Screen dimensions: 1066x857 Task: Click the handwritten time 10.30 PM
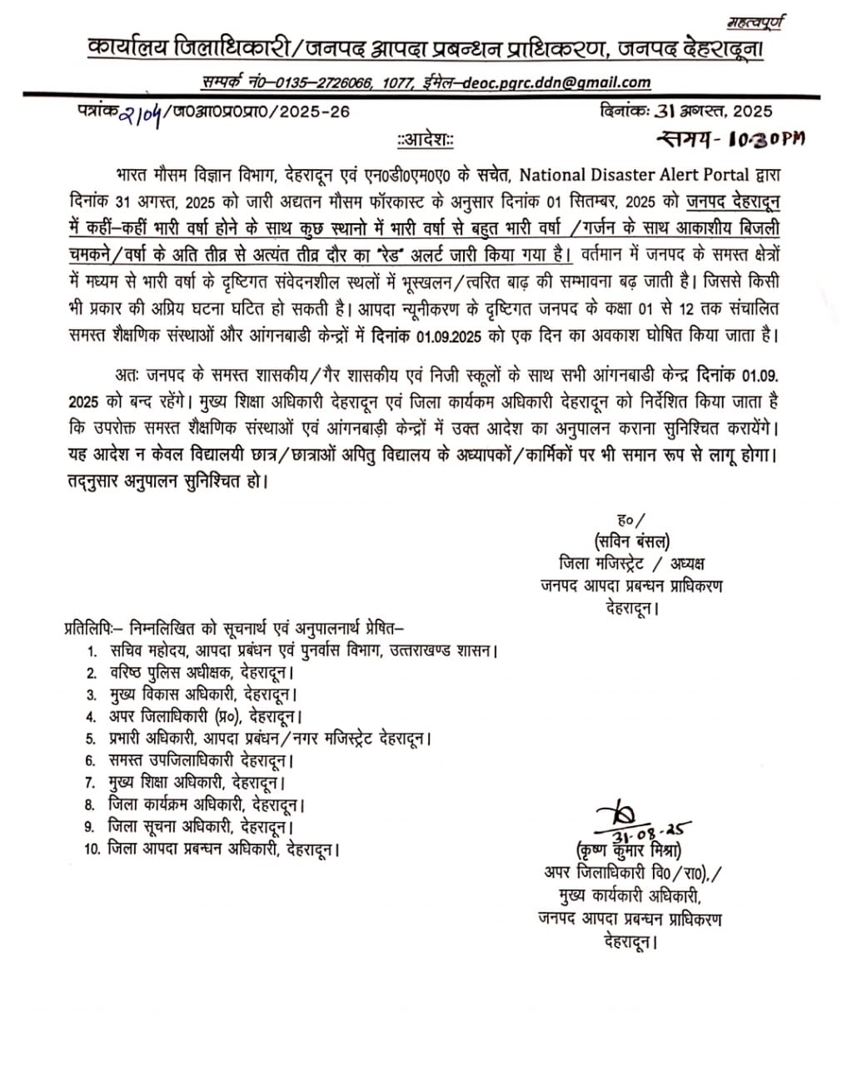(x=732, y=139)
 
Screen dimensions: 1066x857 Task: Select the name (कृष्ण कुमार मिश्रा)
(x=629, y=851)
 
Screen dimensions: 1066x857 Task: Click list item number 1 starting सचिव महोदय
(x=293, y=650)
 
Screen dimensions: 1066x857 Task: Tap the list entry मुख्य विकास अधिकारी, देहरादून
(x=203, y=694)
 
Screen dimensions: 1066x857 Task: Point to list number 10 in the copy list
(x=92, y=849)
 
